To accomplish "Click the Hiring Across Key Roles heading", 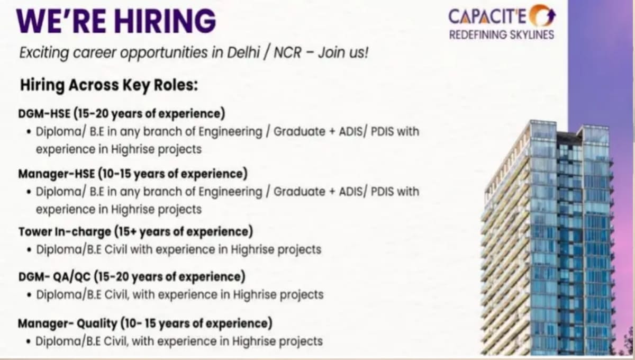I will (108, 85).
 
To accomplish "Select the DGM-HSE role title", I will (44, 113).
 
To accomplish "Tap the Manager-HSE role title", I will (56, 174).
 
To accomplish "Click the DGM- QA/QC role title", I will (56, 276).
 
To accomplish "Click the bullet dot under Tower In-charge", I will (28, 249).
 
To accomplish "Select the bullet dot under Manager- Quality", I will (28, 341).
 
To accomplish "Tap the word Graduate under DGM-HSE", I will (301, 131).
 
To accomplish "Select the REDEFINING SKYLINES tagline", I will (501, 35).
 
